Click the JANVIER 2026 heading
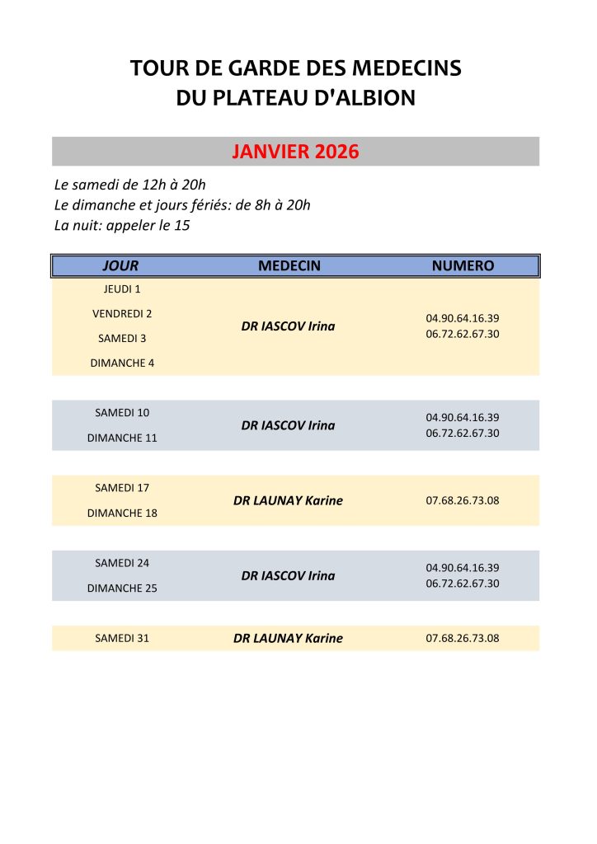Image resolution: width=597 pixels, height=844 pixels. (295, 152)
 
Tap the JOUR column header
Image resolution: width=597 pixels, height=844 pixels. (120, 265)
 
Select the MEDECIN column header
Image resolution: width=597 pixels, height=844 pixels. (289, 265)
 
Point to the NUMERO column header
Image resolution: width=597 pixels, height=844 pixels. (463, 265)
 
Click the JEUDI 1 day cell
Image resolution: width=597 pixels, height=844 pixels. (122, 289)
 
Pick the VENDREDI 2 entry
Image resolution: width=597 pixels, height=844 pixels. (122, 313)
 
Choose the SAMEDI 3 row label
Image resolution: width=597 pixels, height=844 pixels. (122, 338)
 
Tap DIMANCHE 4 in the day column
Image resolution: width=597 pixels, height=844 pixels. (122, 363)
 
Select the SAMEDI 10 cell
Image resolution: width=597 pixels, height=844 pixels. (122, 412)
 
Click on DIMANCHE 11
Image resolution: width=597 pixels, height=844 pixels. (122, 438)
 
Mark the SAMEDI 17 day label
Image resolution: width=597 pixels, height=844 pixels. (122, 488)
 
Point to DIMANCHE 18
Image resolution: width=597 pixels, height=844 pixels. (122, 513)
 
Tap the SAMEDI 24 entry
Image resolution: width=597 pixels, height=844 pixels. (122, 563)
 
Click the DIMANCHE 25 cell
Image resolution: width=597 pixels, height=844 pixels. (122, 588)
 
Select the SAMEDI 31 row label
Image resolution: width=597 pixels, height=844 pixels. (122, 638)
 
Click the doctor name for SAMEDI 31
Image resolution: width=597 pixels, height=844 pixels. (288, 638)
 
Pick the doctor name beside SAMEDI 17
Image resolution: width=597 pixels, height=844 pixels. (288, 500)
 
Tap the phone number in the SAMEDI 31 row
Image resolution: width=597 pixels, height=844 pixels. (463, 638)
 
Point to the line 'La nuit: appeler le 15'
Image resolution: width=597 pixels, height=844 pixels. (122, 225)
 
